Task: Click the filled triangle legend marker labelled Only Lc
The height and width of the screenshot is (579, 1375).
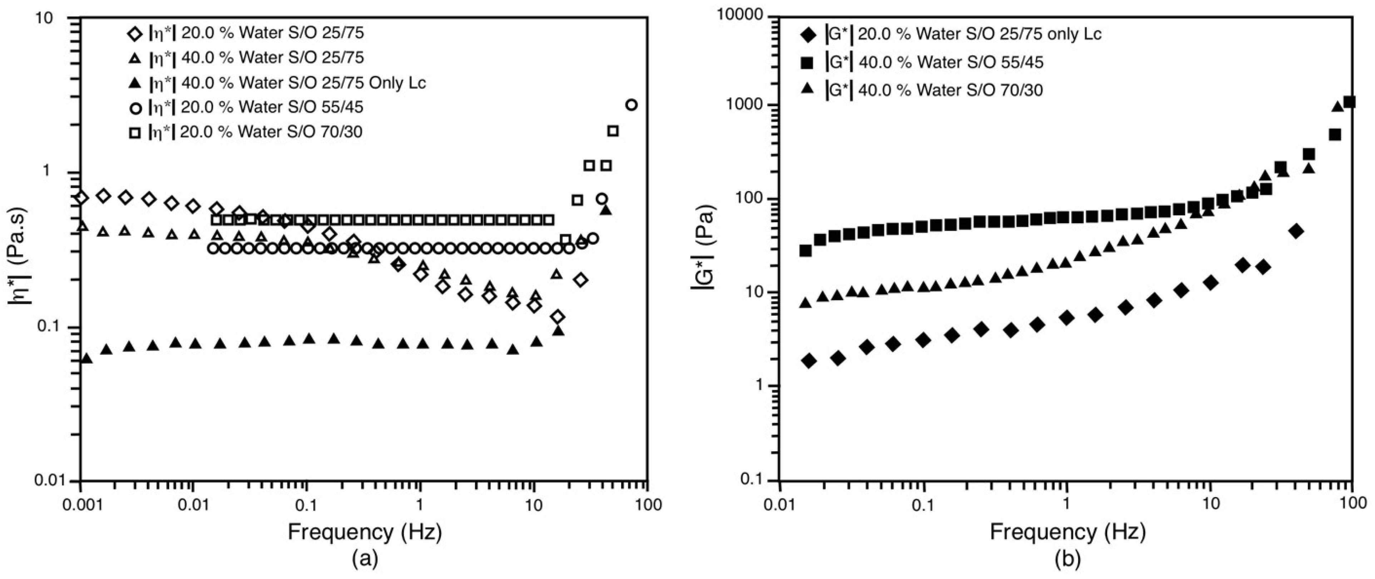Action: tap(135, 83)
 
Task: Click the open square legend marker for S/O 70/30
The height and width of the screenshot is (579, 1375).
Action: tap(135, 132)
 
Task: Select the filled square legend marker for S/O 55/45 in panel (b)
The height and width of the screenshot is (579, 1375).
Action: tap(808, 63)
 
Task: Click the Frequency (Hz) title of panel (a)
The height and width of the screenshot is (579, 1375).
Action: tap(365, 532)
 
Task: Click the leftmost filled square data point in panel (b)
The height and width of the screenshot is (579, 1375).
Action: tap(806, 250)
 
